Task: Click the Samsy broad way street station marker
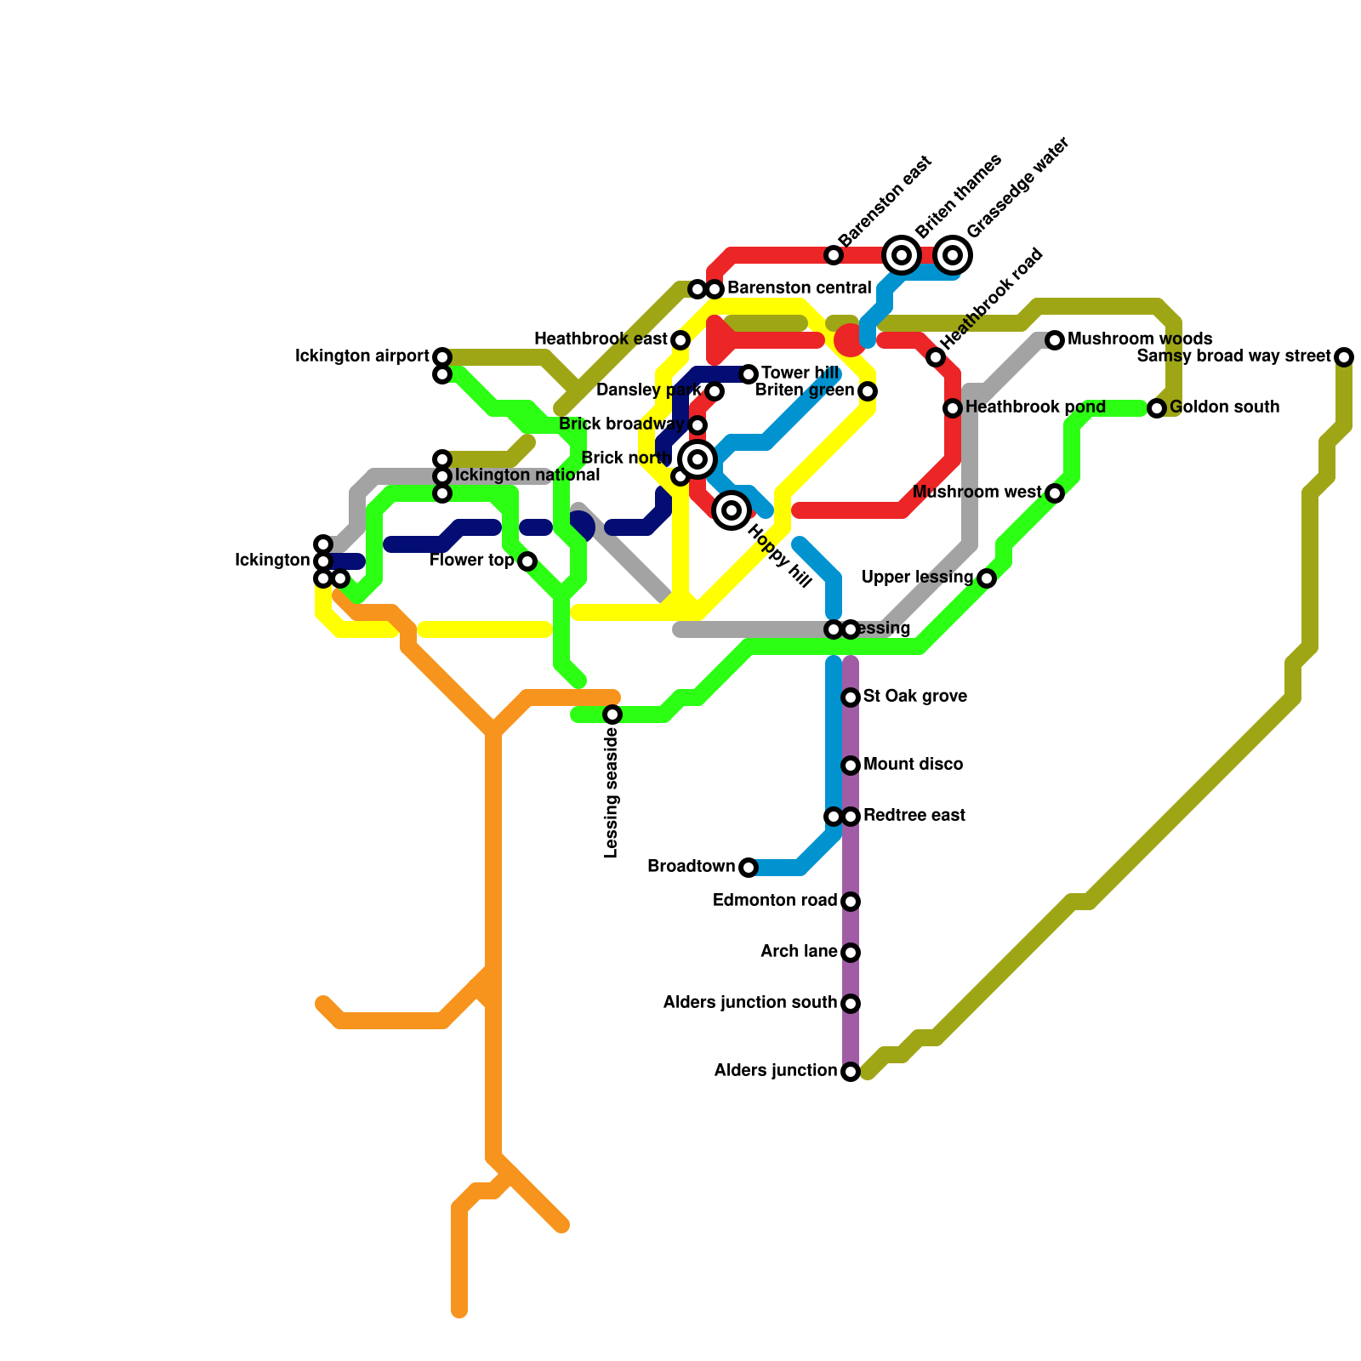(1343, 357)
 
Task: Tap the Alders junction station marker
(851, 1072)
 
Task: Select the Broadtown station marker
(748, 868)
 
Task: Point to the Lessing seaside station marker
(612, 715)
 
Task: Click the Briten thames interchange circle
(902, 254)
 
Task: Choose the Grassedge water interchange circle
(953, 254)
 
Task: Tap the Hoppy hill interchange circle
(732, 510)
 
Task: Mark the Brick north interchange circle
(698, 459)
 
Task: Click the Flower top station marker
(527, 561)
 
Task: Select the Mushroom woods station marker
(1055, 340)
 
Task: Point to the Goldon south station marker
(1157, 408)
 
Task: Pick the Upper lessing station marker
(987, 578)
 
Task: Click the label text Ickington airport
(362, 356)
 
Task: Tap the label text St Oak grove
(914, 697)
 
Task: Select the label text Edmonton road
(774, 901)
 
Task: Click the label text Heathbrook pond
(1035, 407)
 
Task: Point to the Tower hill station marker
(749, 374)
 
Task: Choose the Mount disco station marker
(851, 766)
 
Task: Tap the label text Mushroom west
(977, 493)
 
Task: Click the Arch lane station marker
(851, 953)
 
